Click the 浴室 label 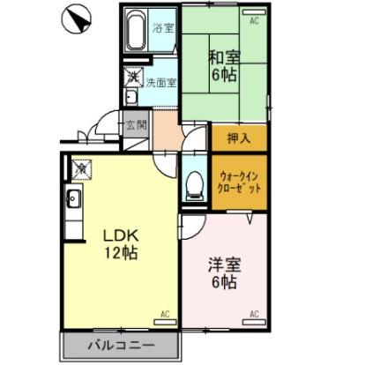(163, 27)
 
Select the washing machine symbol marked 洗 (132, 77)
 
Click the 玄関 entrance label (136, 123)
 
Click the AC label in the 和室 (254, 19)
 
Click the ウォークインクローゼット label (238, 182)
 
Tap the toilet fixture (194, 186)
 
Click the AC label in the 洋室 (253, 314)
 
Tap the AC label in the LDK (164, 314)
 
